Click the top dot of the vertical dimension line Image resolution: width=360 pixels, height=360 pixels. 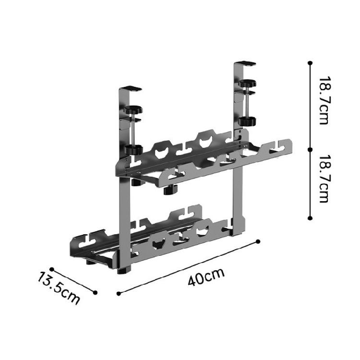310,63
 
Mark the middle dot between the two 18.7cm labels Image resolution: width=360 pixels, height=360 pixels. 310,149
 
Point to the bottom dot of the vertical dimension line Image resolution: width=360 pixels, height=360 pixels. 310,217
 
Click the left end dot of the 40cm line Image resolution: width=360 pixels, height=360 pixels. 119,292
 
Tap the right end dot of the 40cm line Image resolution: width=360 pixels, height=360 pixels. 258,241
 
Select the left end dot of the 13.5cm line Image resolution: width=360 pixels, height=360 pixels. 51,269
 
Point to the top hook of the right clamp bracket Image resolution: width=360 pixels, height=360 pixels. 246,63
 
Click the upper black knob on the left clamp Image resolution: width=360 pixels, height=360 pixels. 132,110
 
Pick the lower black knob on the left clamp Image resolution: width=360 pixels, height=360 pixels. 132,148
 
